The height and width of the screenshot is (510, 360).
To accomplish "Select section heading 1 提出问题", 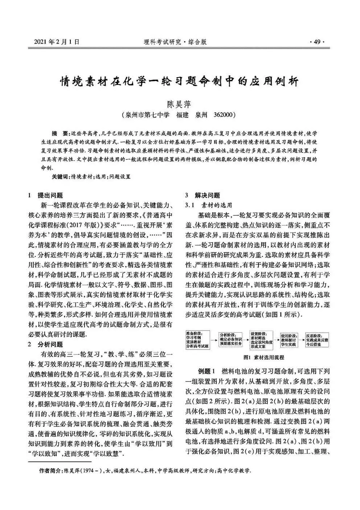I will [46, 195].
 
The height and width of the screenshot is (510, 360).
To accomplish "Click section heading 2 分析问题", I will [46, 344].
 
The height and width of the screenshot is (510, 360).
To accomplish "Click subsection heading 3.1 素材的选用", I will [209, 205].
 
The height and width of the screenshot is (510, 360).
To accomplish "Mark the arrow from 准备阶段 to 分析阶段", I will [214, 339].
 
